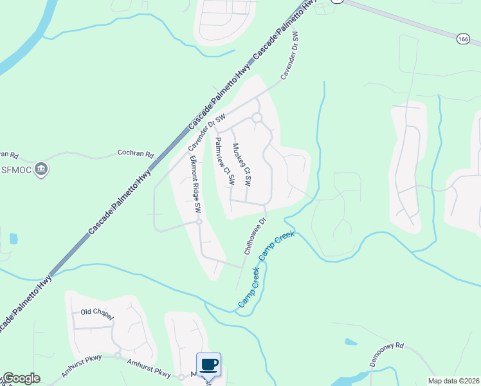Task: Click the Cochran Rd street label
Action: (x=136, y=154)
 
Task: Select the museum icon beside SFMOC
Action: (x=42, y=169)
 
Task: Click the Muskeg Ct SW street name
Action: (x=240, y=165)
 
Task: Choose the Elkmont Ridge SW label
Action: (x=194, y=185)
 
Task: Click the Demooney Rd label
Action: (x=386, y=353)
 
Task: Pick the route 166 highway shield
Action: (x=463, y=39)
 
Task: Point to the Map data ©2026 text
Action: (x=453, y=381)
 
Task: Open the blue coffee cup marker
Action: (x=208, y=365)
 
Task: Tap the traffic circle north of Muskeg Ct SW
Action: (x=257, y=118)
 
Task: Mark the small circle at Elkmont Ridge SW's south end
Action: (x=199, y=222)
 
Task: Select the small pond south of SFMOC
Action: (x=14, y=238)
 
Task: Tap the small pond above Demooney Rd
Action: (x=351, y=342)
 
